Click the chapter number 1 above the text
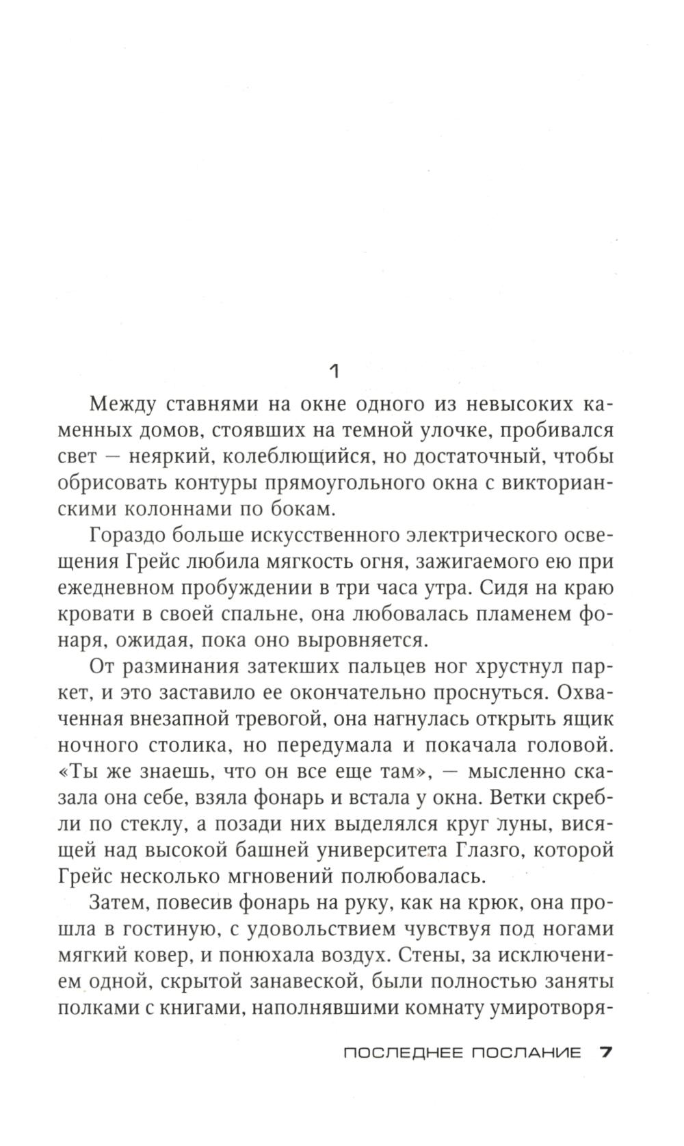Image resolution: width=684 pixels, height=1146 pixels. tap(334, 372)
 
